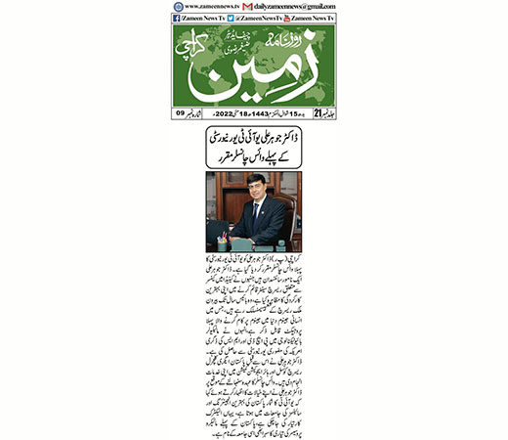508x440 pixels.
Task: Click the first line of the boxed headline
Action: [253, 142]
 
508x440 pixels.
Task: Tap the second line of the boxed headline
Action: [253, 159]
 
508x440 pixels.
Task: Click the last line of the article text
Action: [259, 427]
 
